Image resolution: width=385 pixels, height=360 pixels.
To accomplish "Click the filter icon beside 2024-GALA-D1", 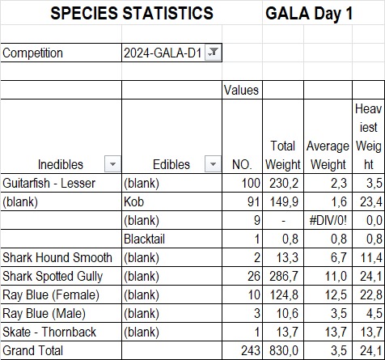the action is (213, 52).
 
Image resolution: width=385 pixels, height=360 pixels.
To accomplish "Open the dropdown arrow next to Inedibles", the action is (112, 163).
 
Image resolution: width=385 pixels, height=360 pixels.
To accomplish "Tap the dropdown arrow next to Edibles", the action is (213, 163).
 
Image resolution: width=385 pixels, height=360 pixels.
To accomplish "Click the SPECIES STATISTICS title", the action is (132, 13).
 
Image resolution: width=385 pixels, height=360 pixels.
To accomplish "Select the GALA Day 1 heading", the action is (309, 13).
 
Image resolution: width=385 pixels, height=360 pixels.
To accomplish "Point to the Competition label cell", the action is (32, 53).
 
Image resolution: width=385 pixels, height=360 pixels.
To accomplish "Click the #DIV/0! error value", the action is (328, 221).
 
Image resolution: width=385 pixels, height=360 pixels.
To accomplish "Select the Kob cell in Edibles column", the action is (133, 201).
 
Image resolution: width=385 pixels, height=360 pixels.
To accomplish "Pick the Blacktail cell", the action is (144, 239).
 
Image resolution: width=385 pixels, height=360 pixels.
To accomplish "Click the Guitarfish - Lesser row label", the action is (49, 184).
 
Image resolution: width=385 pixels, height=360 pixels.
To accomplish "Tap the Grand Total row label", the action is (32, 350).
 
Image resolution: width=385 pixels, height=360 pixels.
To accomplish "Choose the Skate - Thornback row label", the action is (49, 332).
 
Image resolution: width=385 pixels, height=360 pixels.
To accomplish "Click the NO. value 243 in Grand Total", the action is (251, 350).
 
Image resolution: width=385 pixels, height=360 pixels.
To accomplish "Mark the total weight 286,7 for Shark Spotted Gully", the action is (284, 276).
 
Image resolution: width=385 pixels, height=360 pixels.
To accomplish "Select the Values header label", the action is (241, 90).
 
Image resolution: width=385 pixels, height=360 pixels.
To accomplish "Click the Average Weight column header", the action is (328, 155).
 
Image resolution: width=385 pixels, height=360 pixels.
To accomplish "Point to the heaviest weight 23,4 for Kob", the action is (371, 201).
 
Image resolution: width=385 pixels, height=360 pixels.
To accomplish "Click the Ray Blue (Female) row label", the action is (51, 294).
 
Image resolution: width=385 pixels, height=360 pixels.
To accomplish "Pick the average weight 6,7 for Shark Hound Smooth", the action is (339, 257).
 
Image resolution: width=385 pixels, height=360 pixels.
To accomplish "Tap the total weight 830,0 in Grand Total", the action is (284, 350).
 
